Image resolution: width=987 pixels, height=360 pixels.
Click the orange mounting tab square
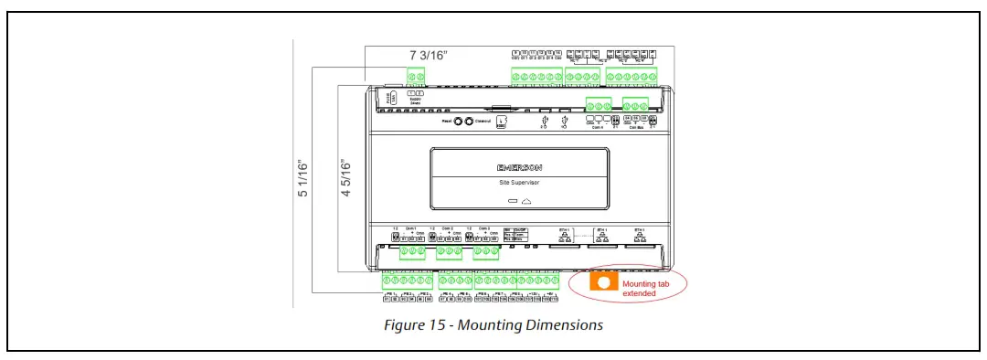603,283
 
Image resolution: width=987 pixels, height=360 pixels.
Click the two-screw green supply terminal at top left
417,76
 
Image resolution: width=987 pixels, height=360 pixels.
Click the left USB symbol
545,121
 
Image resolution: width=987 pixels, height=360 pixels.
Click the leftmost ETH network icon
565,237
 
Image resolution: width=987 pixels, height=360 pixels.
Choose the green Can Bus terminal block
635,105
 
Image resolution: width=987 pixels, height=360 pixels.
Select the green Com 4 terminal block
598,105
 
